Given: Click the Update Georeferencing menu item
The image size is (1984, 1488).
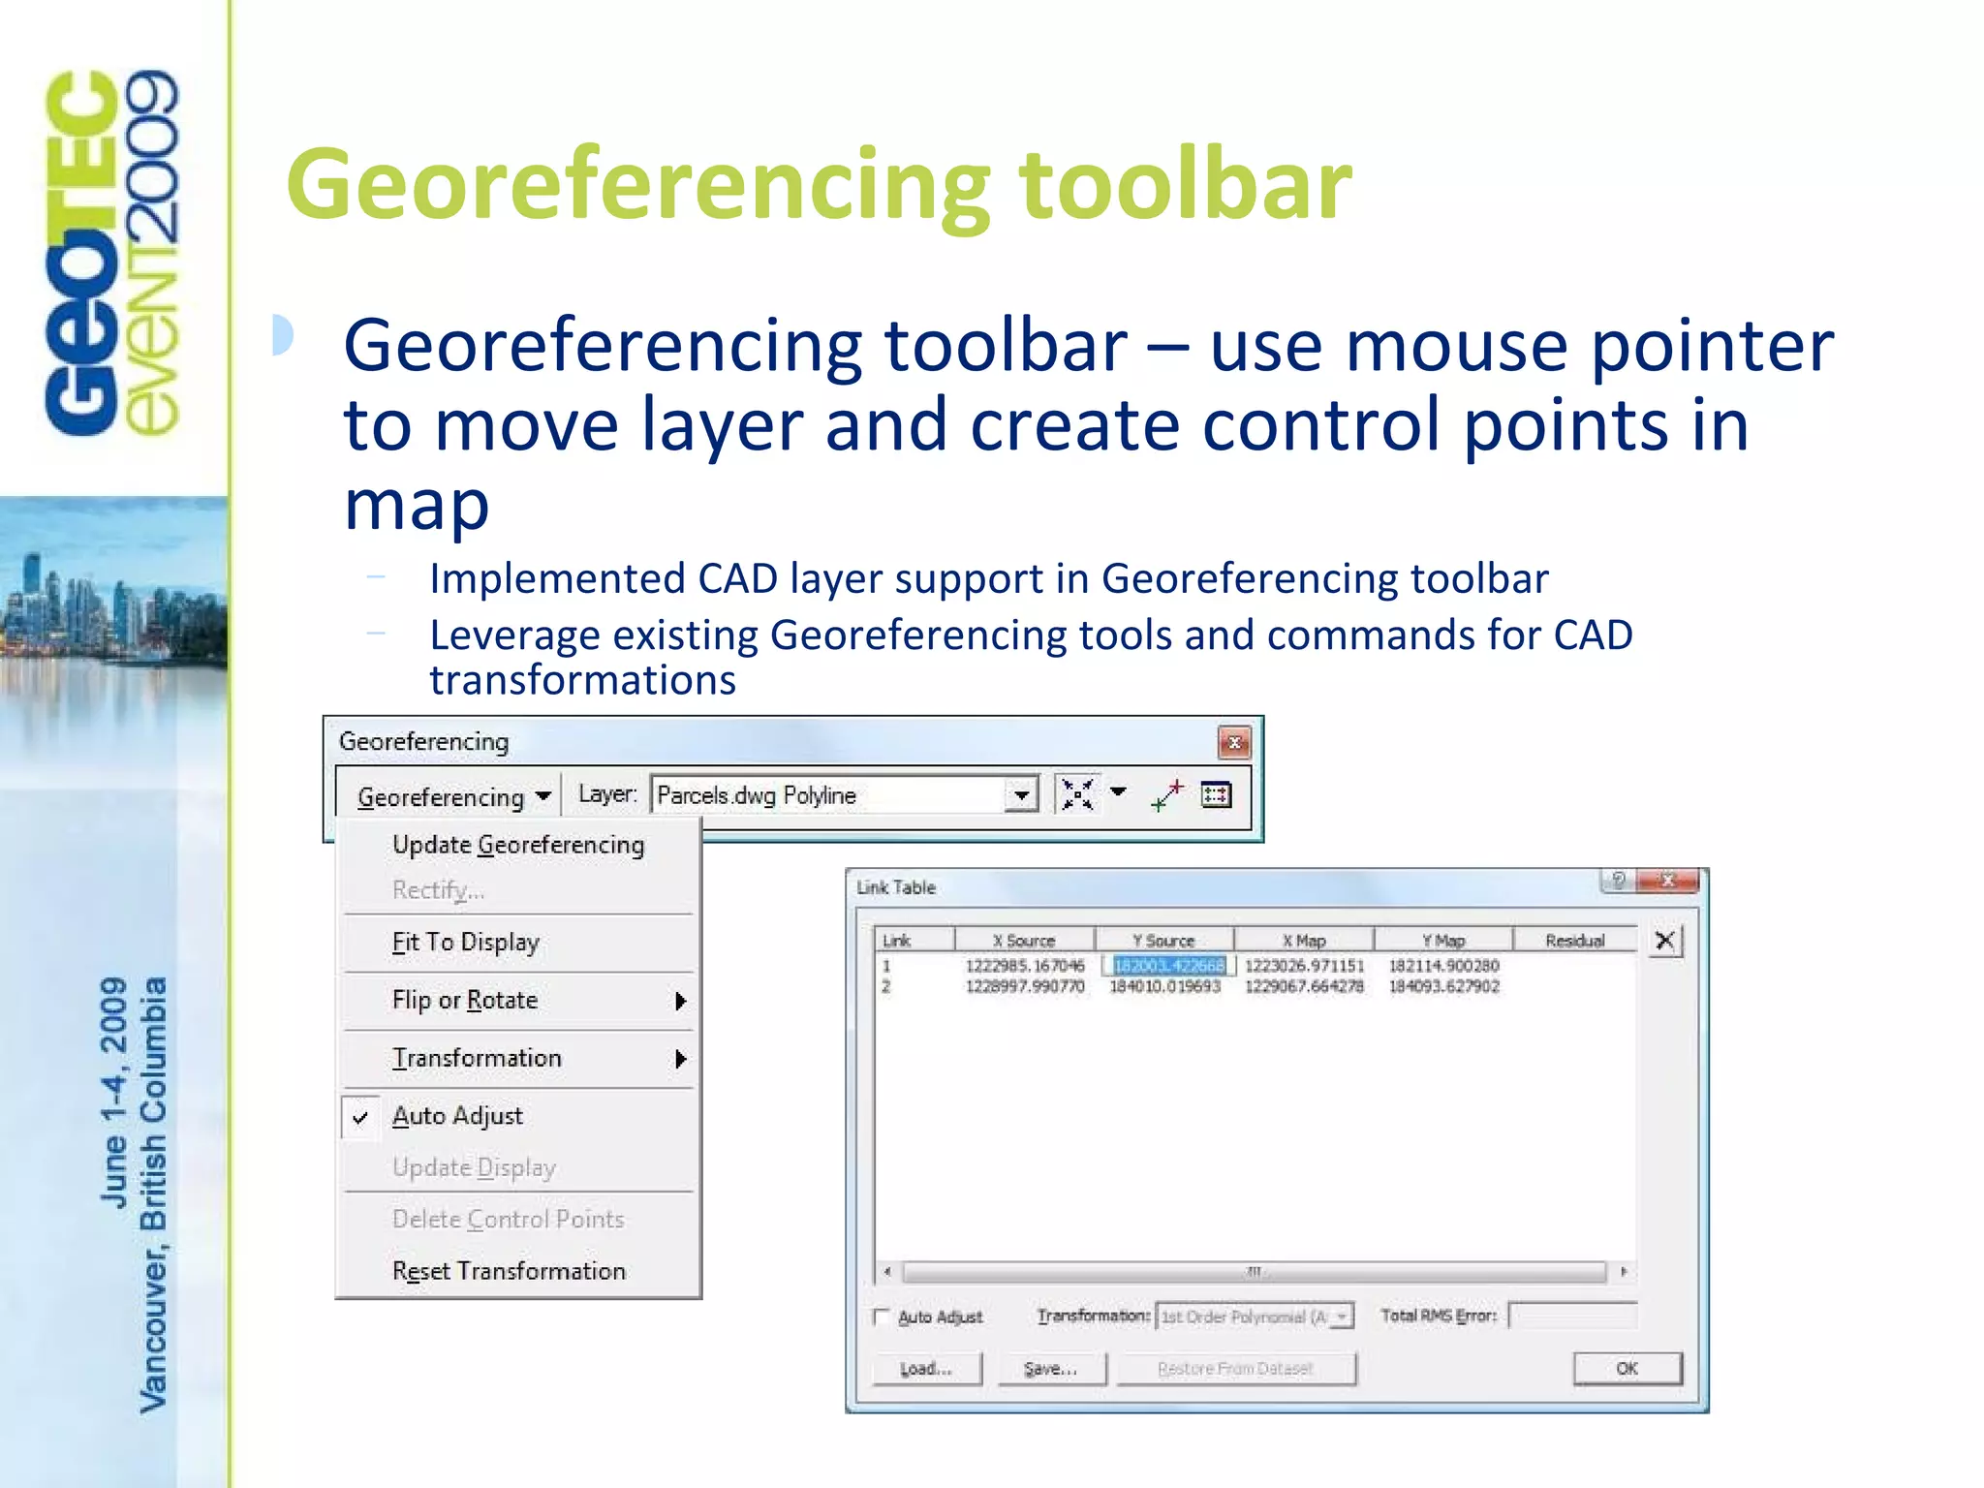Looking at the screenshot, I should (517, 845).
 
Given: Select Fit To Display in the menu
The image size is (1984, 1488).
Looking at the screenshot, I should (465, 942).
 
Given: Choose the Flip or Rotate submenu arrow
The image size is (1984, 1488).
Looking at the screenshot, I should (680, 1001).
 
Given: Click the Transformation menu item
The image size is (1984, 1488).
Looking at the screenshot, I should (477, 1058).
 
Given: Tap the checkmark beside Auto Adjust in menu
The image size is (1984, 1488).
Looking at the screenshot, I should (360, 1117).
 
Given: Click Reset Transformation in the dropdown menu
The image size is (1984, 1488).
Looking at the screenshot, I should (509, 1270).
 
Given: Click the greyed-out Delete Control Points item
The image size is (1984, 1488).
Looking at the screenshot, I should (508, 1219).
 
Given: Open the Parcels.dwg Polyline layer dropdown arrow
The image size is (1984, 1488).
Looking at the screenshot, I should (1021, 795).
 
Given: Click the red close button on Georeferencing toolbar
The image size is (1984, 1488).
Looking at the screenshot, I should (1234, 743).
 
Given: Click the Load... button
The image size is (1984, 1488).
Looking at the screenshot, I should (926, 1369).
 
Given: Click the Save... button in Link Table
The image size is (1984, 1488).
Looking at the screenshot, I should (1051, 1369).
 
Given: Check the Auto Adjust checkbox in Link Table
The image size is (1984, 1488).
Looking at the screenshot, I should (882, 1316).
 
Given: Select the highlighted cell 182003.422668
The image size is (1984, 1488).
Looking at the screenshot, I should (1168, 965).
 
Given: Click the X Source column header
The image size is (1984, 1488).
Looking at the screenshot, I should (1024, 940).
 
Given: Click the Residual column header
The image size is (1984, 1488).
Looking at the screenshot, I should (1574, 940).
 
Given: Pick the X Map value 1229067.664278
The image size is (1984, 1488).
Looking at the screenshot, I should (1304, 986).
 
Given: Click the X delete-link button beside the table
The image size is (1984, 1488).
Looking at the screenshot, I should (1664, 940).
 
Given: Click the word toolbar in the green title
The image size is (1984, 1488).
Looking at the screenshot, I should (1184, 184).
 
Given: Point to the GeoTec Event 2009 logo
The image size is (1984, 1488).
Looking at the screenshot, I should (112, 252).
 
